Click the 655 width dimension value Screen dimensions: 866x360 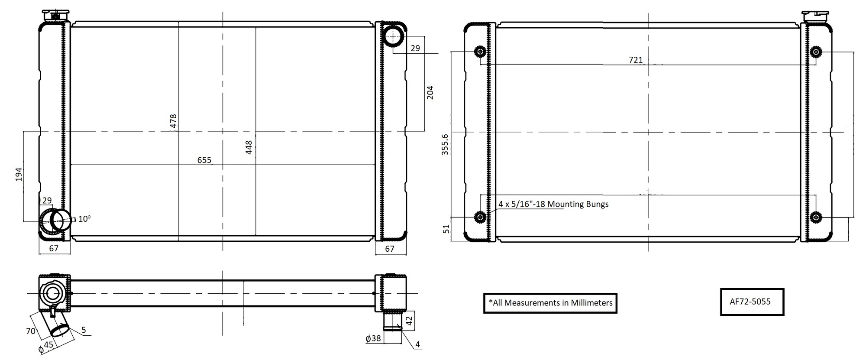(204, 160)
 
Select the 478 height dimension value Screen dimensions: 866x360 (173, 121)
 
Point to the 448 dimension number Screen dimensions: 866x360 (249, 148)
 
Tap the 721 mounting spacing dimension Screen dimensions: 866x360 (636, 60)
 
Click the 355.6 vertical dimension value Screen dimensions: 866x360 (445, 144)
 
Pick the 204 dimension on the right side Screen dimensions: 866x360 (430, 92)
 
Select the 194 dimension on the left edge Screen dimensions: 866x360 (19, 174)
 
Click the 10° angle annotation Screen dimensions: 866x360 (84, 219)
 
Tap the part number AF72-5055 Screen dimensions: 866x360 (750, 302)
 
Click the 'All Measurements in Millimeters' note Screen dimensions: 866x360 (550, 303)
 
